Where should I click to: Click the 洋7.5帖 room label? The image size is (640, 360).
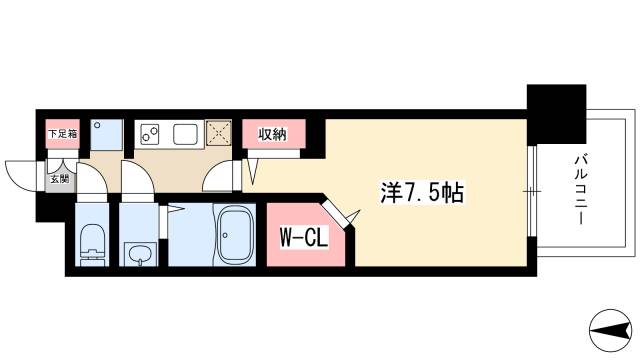click(x=422, y=192)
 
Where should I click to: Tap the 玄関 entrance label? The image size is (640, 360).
click(x=60, y=180)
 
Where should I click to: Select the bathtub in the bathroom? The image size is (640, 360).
click(x=237, y=236)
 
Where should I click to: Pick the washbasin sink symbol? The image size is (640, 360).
click(x=139, y=252)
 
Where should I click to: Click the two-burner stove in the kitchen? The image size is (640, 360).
click(x=152, y=133)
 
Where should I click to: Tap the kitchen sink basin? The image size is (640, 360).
click(x=186, y=133)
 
